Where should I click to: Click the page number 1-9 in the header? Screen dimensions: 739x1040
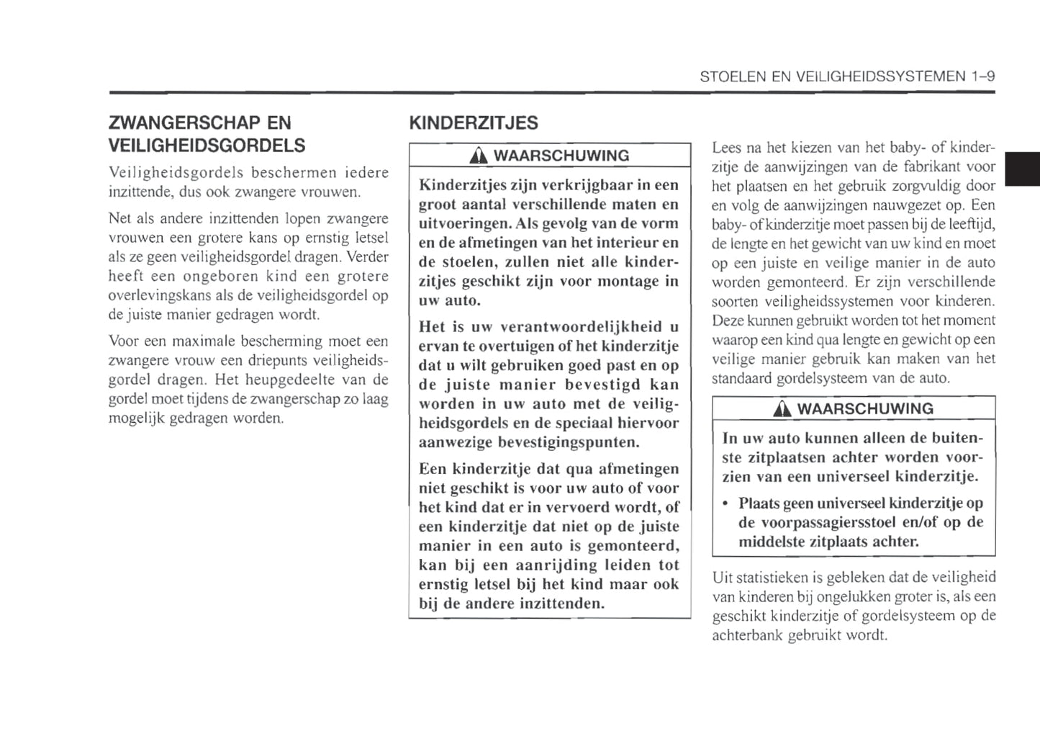pyautogui.click(x=982, y=76)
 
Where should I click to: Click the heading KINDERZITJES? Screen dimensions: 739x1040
pyautogui.click(x=473, y=123)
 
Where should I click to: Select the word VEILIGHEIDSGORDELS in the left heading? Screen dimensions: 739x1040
pyautogui.click(x=206, y=145)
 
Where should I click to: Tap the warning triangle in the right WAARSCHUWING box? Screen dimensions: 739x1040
pyautogui.click(x=782, y=409)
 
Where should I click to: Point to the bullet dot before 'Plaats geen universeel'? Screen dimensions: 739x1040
pyautogui.click(x=726, y=503)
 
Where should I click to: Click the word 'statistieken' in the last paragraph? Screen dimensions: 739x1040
pyautogui.click(x=770, y=578)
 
